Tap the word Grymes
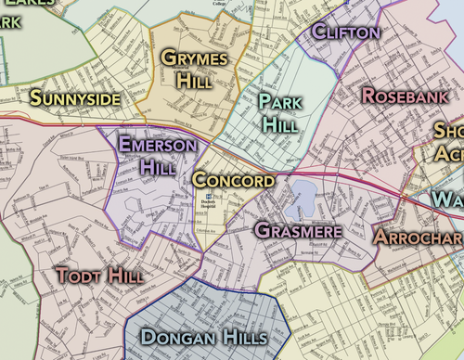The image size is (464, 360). pyautogui.click(x=194, y=58)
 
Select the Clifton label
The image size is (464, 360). pyautogui.click(x=346, y=32)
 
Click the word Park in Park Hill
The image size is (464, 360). pyautogui.click(x=279, y=101)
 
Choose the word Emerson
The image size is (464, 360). pyautogui.click(x=158, y=146)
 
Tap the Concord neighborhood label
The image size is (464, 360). pyautogui.click(x=234, y=180)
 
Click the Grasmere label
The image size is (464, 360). pyautogui.click(x=297, y=229)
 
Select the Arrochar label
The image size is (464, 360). pyautogui.click(x=418, y=237)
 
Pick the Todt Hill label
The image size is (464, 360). pyautogui.click(x=100, y=276)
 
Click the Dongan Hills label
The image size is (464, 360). pyautogui.click(x=203, y=336)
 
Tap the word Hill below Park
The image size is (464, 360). pyautogui.click(x=279, y=123)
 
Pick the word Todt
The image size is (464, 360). pyautogui.click(x=77, y=276)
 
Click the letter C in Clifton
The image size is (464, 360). pyautogui.click(x=320, y=32)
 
